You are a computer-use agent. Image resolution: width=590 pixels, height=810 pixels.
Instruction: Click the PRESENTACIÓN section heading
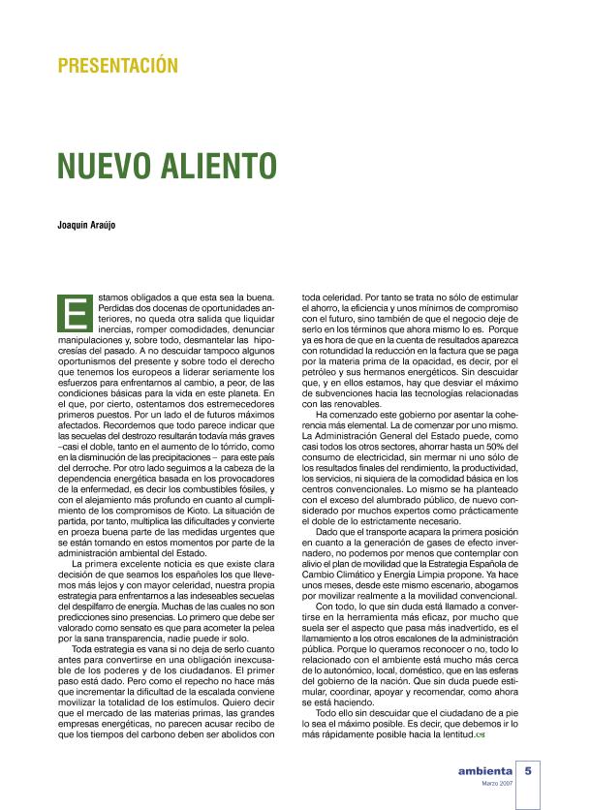coord(118,67)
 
